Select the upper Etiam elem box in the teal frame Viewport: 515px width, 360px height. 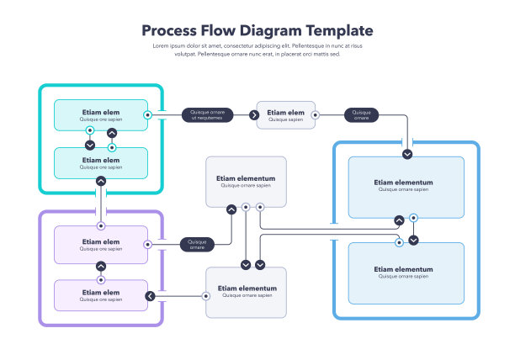coord(100,114)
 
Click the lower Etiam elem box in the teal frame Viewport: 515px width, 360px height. coord(100,162)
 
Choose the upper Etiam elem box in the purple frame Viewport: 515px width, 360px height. coord(100,244)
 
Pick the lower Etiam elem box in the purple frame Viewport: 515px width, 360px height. coord(100,295)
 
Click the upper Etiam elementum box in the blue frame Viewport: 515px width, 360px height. coord(406,186)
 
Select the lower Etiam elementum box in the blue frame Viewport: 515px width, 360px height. coord(406,273)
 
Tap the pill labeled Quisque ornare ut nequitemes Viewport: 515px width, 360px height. coord(207,115)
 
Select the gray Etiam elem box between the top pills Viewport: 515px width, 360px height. coord(286,115)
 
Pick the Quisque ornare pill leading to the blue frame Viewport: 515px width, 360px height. coord(361,115)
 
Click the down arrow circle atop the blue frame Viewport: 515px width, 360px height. coord(407,154)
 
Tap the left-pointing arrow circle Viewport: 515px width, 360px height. coord(151,295)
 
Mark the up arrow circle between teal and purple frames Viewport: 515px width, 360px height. coord(101,180)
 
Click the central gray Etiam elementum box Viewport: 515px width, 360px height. coord(246,181)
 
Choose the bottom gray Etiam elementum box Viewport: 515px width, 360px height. coord(246,292)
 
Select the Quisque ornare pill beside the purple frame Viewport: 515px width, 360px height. coord(197,244)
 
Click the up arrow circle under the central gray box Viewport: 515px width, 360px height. coord(231,209)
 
